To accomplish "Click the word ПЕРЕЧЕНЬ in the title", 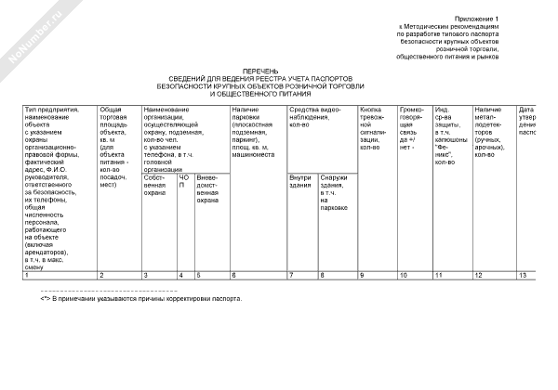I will pos(258,71).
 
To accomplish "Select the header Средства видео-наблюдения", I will pos(317,115).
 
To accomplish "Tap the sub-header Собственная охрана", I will pos(154,185).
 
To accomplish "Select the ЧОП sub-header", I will pos(183,180).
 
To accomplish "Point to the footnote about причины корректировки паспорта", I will pos(140,300).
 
